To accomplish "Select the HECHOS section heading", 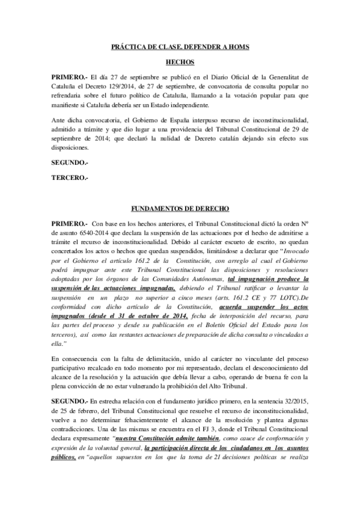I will coord(180,62).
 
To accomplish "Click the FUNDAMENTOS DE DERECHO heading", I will coord(180,209).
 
